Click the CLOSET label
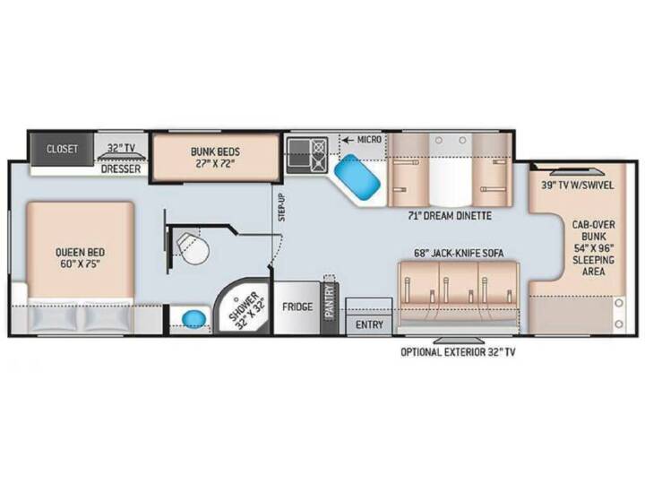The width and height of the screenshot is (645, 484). (x=62, y=149)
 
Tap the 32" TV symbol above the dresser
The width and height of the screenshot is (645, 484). (x=122, y=158)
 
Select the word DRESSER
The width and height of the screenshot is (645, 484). (x=121, y=169)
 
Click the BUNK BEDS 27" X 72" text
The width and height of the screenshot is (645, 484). (x=215, y=157)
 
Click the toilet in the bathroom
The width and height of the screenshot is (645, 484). (x=193, y=248)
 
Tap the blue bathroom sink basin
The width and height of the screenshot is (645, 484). (x=193, y=318)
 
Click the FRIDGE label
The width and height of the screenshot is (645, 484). (x=297, y=307)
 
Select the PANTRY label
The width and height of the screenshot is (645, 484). (x=329, y=300)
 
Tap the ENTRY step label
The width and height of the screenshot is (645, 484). (x=369, y=324)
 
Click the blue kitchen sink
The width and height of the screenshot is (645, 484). (x=357, y=180)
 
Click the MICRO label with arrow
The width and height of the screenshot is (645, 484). (x=362, y=140)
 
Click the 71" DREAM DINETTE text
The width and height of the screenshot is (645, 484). (x=450, y=215)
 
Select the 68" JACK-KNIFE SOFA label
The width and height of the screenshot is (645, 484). (x=459, y=253)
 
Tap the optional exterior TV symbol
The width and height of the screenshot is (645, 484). (x=460, y=340)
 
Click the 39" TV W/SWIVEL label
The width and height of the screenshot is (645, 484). (x=577, y=186)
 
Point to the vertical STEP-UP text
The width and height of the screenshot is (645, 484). (x=282, y=207)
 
